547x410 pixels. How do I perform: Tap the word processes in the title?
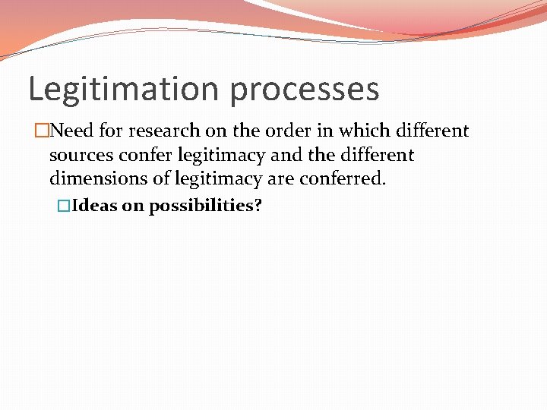click(304, 90)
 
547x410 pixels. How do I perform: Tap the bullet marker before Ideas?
click(64, 206)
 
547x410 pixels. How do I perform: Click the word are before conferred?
click(286, 179)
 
